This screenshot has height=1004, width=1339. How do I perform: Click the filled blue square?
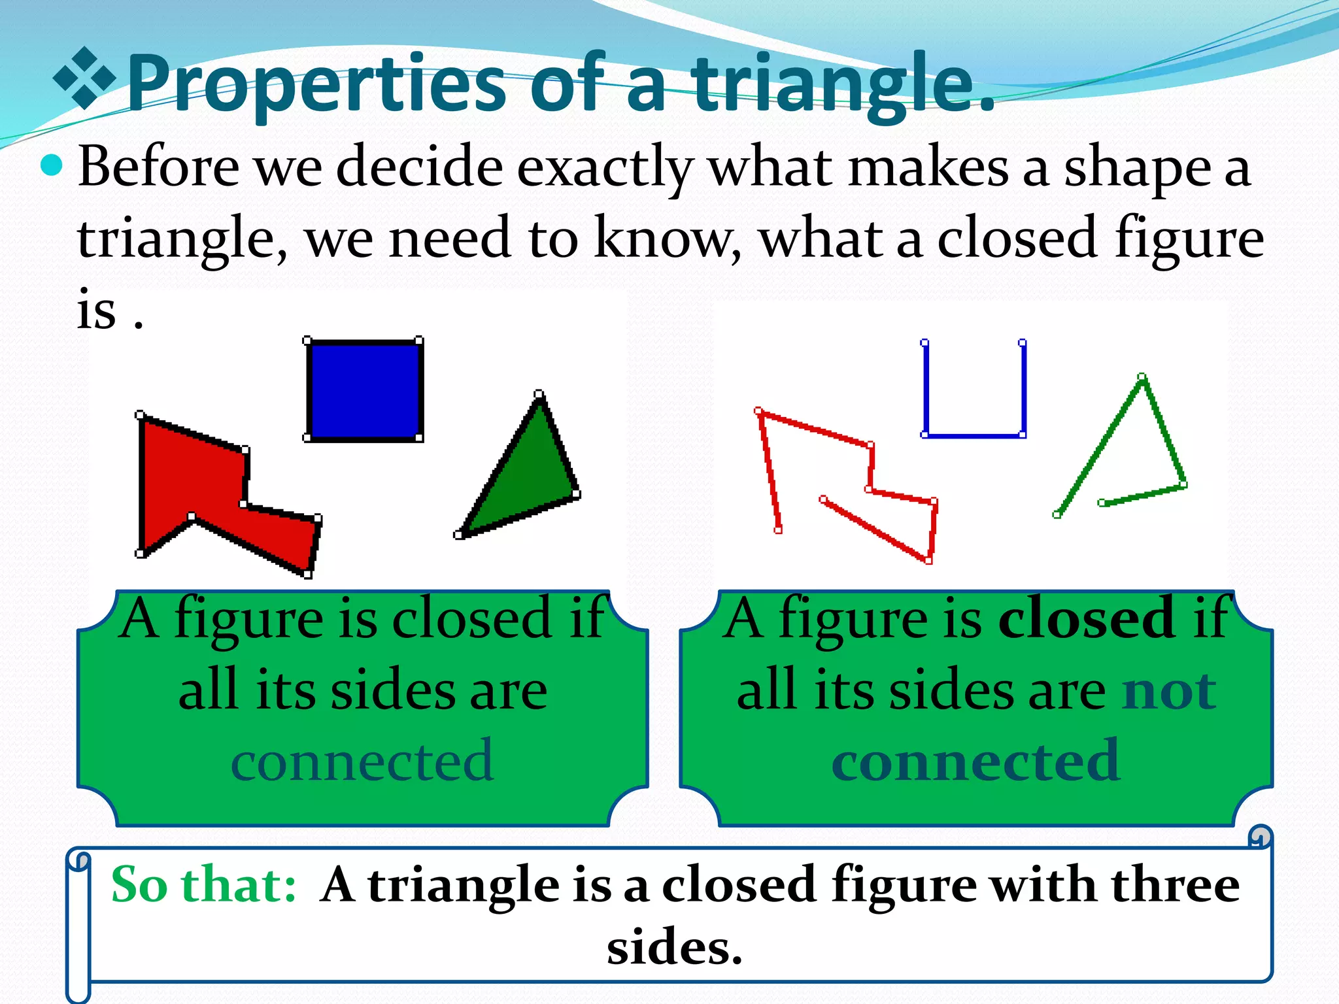pyautogui.click(x=364, y=390)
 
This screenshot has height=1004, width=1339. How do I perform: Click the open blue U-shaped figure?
pyautogui.click(x=974, y=434)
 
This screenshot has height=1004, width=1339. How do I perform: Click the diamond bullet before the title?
pyautogui.click(x=84, y=78)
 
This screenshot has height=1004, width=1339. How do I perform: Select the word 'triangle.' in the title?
pyautogui.click(x=843, y=85)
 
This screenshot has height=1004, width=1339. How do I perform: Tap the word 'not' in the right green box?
pyautogui.click(x=1169, y=690)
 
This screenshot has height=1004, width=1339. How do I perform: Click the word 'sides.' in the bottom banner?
pyautogui.click(x=675, y=947)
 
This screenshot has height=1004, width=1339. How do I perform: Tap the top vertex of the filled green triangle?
pyautogui.click(x=539, y=395)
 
